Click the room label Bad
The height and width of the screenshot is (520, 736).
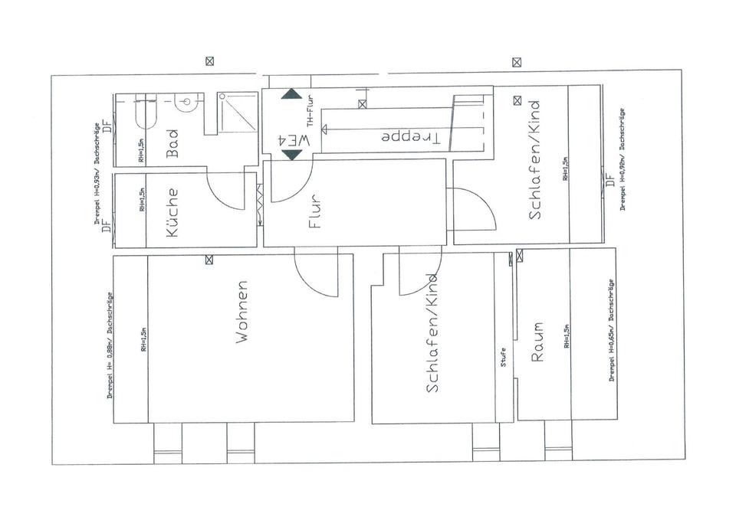coord(172,142)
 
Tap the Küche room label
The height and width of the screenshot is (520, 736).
coord(172,212)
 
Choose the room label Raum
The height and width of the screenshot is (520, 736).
coord(537,341)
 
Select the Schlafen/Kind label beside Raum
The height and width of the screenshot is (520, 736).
coord(433,333)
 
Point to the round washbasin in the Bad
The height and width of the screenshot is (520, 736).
coord(188,102)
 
